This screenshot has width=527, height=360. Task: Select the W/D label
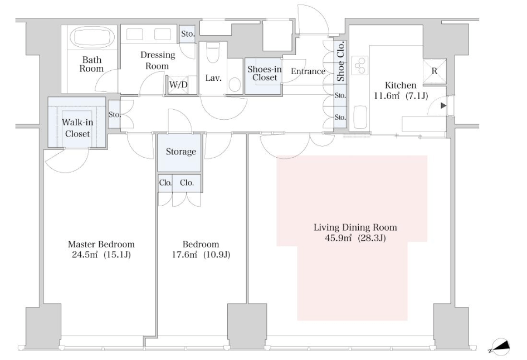pos(178,84)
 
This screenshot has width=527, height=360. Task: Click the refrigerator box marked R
pos(435,71)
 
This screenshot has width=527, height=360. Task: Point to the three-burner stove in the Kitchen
pos(360,66)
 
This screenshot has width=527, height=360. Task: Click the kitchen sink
pos(360,117)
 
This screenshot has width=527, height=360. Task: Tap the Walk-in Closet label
pos(77,128)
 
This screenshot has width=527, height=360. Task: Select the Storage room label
pos(181,152)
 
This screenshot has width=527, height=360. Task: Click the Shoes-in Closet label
pos(265,74)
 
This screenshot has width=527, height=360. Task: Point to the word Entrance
pos(308,71)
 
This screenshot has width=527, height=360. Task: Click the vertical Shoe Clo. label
pos(340,61)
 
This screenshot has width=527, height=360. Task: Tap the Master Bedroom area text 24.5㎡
pos(85,255)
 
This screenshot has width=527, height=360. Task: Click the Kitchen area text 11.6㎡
pos(387,96)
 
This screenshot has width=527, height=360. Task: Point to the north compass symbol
pos(500,347)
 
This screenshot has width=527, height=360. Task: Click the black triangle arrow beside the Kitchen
pos(443,105)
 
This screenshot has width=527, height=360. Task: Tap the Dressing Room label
pos(158,60)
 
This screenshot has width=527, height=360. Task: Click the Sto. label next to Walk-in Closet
pos(114,115)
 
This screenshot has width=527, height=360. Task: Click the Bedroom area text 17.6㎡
pos(184,255)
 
